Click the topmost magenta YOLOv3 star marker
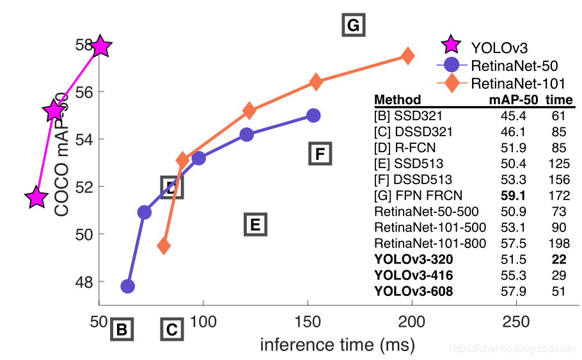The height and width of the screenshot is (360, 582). [x=100, y=46]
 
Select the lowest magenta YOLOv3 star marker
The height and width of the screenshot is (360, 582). [x=36, y=198]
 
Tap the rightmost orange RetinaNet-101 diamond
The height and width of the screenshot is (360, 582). [x=407, y=56]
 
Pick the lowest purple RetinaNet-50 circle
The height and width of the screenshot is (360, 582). [x=128, y=286]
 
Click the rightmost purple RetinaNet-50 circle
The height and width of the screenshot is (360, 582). [x=313, y=116]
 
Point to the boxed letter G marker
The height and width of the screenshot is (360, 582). [x=352, y=26]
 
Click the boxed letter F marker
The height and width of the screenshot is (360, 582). [x=320, y=154]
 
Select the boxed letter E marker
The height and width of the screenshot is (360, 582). [x=255, y=224]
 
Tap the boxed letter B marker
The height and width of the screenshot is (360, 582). [x=122, y=330]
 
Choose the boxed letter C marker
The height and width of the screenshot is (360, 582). [x=171, y=330]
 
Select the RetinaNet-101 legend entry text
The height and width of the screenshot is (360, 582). [x=518, y=83]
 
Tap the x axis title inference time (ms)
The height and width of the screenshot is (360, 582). [x=337, y=345]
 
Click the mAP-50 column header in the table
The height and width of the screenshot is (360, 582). [x=512, y=100]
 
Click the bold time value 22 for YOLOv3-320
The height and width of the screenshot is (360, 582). [x=559, y=259]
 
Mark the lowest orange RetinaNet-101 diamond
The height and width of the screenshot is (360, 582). [x=164, y=246]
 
